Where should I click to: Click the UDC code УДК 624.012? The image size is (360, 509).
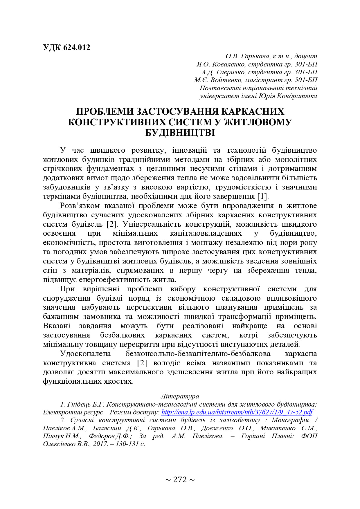point(66,48)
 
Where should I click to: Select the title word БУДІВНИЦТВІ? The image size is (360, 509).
point(180,133)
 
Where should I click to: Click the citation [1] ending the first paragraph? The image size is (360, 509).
point(262,196)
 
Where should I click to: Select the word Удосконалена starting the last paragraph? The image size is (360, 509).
point(86,354)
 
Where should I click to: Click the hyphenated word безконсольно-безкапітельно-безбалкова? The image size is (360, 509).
point(198,354)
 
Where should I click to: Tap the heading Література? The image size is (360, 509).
point(180,396)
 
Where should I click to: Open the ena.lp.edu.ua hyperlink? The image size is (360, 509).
point(237,412)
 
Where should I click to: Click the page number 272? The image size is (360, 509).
point(180,480)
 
